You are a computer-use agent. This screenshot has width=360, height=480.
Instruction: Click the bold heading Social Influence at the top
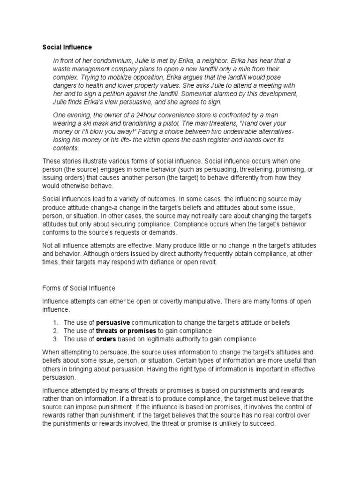coord(67,47)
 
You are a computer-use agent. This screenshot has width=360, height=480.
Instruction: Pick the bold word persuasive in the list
coord(113,322)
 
